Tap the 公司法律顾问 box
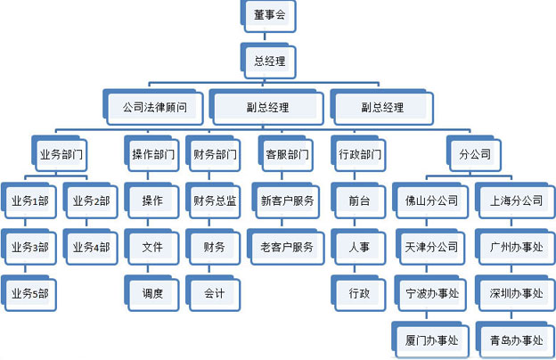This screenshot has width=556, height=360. (x=155, y=108)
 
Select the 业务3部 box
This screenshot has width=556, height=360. (x=30, y=247)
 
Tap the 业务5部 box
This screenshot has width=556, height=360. (x=30, y=293)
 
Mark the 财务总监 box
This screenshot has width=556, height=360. (x=215, y=200)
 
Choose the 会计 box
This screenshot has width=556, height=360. (x=215, y=293)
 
